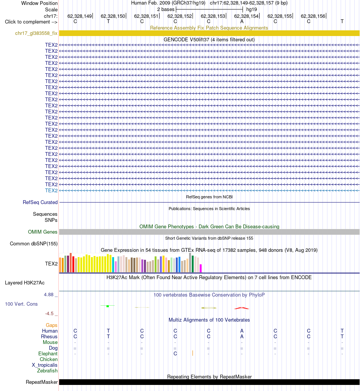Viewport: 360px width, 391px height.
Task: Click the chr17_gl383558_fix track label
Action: click(x=36, y=33)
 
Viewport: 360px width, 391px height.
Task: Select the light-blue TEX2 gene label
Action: click(x=51, y=190)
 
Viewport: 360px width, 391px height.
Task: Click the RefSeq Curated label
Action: click(x=40, y=202)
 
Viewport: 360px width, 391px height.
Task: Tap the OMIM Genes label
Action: click(x=42, y=232)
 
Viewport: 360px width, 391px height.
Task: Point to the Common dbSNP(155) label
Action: click(x=34, y=243)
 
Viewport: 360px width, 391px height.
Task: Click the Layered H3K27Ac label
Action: click(x=25, y=283)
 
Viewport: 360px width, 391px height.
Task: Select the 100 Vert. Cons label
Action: click(x=21, y=304)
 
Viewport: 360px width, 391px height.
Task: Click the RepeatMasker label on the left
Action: click(x=42, y=382)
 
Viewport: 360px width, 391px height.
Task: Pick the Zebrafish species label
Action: click(x=47, y=371)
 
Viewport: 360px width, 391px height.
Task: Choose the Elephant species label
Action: click(x=48, y=353)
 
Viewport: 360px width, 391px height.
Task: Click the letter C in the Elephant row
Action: click(x=175, y=353)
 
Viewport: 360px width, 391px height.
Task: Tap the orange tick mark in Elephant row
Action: click(x=193, y=353)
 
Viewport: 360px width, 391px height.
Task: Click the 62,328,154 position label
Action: click(x=246, y=16)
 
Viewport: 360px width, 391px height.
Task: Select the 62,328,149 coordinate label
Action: click(x=80, y=16)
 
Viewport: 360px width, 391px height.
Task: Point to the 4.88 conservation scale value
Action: click(x=49, y=295)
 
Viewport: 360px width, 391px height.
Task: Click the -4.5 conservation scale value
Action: click(x=49, y=314)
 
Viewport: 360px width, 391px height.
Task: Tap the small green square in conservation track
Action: click(x=108, y=306)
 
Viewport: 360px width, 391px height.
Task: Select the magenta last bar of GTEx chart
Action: click(x=200, y=268)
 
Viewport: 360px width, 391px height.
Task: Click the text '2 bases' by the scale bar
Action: click(x=166, y=9)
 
